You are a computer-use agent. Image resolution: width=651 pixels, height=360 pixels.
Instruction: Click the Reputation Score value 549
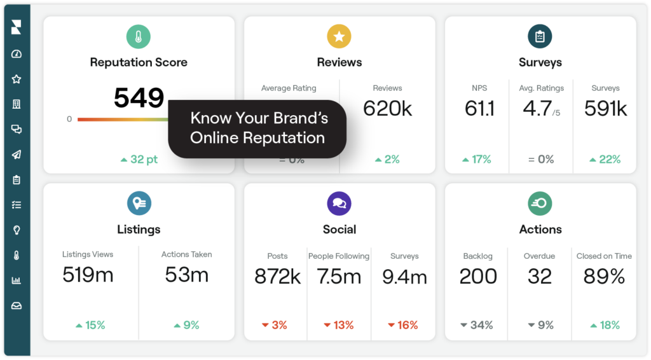tap(139, 98)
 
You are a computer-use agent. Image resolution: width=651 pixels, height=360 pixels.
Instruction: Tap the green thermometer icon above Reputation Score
tap(139, 36)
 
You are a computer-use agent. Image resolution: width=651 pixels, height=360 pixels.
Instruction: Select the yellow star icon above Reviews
tap(339, 36)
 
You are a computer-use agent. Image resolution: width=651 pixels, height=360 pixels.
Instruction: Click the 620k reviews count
tap(387, 109)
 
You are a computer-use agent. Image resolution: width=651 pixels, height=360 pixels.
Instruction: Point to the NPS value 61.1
tap(479, 109)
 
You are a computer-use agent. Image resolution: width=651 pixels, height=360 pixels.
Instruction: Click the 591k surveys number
tap(605, 109)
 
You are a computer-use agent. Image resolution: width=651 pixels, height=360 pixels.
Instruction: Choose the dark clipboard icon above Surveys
tap(540, 36)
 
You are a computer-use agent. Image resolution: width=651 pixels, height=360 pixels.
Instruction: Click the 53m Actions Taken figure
tap(186, 275)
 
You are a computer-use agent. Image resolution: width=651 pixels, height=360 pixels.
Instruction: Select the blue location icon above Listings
tap(139, 204)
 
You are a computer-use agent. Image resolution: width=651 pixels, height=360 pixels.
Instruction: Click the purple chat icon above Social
tap(339, 204)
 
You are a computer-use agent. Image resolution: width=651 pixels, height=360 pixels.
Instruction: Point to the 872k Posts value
tap(277, 277)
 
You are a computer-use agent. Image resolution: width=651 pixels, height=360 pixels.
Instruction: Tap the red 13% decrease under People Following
tap(339, 325)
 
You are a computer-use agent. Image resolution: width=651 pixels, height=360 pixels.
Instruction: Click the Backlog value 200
tap(478, 277)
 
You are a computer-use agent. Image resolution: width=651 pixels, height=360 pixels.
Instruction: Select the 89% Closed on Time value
tap(604, 277)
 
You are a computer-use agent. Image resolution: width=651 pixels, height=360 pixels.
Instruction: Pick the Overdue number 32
tap(539, 277)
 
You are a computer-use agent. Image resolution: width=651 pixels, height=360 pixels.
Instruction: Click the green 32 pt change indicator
tap(139, 160)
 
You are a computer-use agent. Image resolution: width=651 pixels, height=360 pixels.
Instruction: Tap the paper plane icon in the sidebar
tap(17, 155)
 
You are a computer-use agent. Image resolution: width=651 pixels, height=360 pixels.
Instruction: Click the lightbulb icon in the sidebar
tap(17, 230)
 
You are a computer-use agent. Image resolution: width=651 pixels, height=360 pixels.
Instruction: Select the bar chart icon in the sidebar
tap(17, 280)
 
